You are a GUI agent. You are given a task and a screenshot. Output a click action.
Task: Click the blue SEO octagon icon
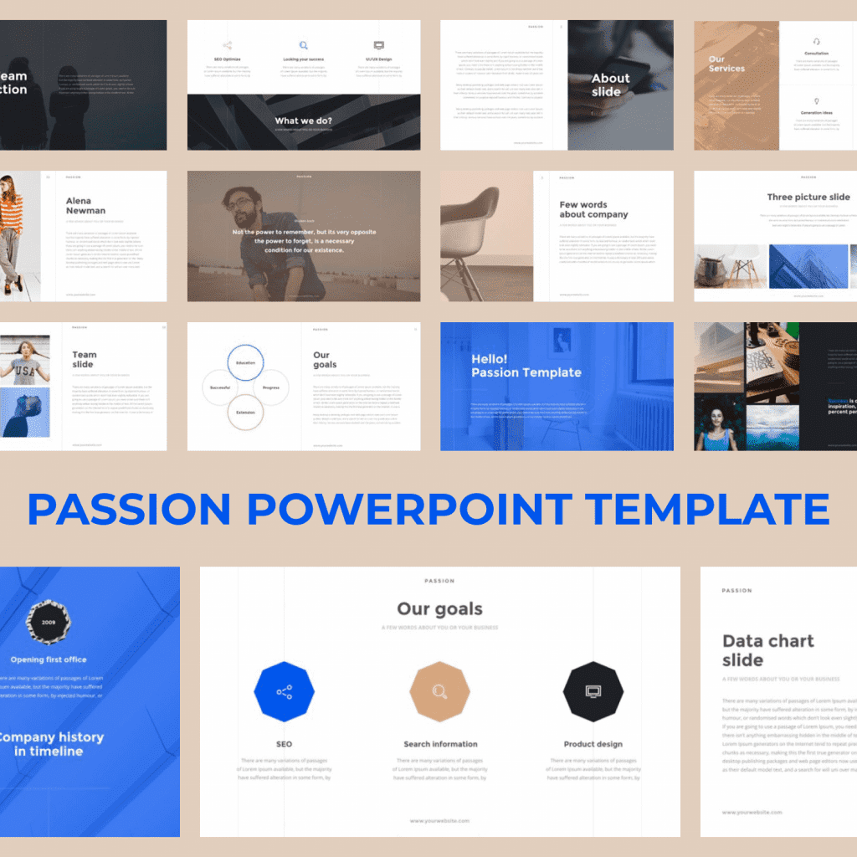coord(285,691)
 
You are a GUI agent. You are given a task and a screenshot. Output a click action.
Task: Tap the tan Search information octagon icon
coord(439,691)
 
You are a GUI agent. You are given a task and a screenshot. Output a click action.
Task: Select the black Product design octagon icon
coord(593,691)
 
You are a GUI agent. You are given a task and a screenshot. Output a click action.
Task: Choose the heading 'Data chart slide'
coord(767,650)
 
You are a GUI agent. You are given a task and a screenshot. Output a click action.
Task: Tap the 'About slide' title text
coord(610,85)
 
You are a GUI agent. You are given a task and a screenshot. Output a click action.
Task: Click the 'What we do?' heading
coord(304,121)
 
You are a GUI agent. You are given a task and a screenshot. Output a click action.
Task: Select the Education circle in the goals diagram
coord(245,363)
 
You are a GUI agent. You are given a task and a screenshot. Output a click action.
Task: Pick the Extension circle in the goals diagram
coord(245,412)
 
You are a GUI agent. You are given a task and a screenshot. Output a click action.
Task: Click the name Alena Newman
coord(85,206)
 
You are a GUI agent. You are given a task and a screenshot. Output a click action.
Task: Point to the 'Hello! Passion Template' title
coord(526,366)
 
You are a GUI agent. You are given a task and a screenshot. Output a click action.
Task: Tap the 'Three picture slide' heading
coord(808,198)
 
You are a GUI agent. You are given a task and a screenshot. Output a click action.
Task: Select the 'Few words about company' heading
coord(593,209)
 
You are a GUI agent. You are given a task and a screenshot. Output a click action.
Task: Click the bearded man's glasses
coord(239,203)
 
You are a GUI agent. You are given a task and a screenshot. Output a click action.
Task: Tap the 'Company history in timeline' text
coord(49,744)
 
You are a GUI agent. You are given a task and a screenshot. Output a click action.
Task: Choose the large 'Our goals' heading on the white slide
coord(439,609)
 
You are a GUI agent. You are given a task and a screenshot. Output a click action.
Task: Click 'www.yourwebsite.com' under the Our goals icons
coord(439,821)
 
